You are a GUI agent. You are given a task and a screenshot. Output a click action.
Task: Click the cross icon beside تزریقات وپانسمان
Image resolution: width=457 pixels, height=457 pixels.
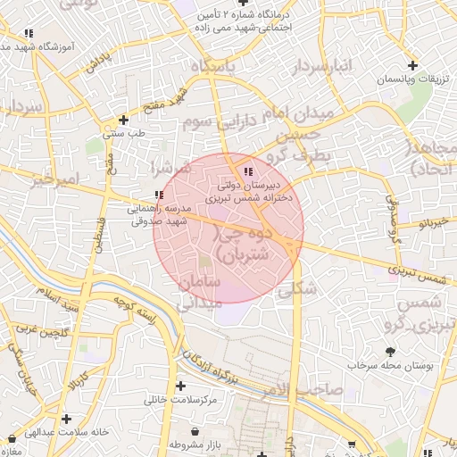412,65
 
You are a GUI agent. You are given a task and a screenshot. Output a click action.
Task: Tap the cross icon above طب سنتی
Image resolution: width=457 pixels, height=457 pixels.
123,120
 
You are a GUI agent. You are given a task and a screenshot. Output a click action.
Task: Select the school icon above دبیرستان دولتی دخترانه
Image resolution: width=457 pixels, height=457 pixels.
247,171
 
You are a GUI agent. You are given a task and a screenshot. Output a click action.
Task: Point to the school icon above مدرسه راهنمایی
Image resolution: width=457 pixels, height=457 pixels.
158,195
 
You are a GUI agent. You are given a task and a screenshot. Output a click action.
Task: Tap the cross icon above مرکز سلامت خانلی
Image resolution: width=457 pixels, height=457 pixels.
182,386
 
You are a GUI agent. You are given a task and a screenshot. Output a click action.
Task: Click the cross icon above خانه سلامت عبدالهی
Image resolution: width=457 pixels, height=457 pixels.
66,417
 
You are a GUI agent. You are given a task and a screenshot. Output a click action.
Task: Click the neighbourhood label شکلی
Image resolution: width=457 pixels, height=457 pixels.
297,289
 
